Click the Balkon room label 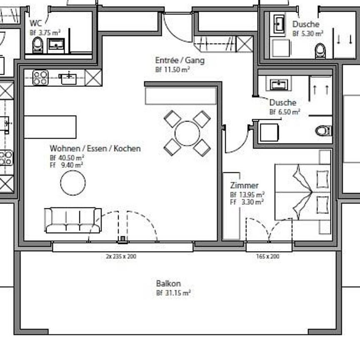[168, 284]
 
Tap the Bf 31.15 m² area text [173, 293]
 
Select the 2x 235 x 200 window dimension [121, 257]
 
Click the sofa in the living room [72, 220]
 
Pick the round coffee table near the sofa [73, 183]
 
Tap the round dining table [187, 133]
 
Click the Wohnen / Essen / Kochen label [95, 148]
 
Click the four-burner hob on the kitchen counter [40, 77]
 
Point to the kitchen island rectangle [50, 127]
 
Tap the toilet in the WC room [38, 45]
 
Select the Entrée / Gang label [180, 60]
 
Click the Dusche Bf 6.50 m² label [283, 102]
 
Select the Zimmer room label [244, 185]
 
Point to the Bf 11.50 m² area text [172, 70]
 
